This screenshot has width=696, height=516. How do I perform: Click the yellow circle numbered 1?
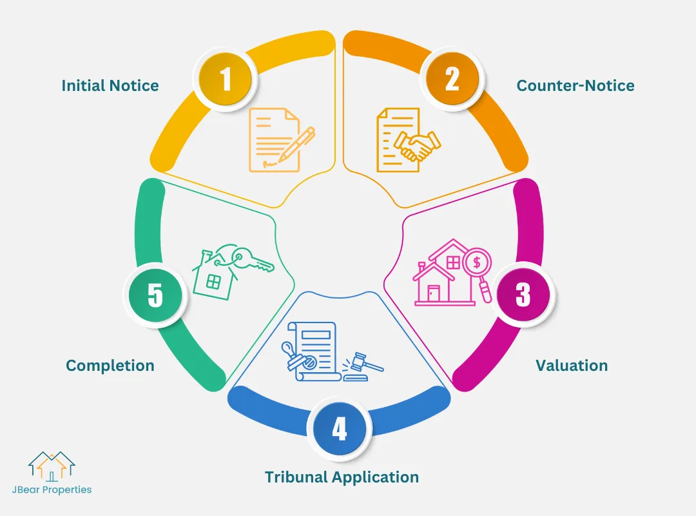coord(226,80)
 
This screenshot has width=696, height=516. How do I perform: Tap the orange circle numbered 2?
coord(452,80)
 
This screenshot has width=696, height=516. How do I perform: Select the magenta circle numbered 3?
coord(523,294)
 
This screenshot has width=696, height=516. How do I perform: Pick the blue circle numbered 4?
coord(339,430)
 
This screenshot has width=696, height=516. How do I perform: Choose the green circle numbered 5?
coord(155,294)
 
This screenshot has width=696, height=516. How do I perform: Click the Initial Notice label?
coord(110,86)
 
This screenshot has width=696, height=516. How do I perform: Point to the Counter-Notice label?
coord(575,86)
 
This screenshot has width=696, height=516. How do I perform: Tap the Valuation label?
coord(572,366)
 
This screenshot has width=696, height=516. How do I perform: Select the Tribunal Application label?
coord(342,477)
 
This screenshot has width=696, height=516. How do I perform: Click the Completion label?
coord(110,366)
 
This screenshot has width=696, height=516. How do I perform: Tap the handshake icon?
coord(418,146)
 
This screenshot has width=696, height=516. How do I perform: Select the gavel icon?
coord(363,366)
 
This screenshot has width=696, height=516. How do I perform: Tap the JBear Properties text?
coord(52,490)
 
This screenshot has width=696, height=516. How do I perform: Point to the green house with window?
coord(213,277)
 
